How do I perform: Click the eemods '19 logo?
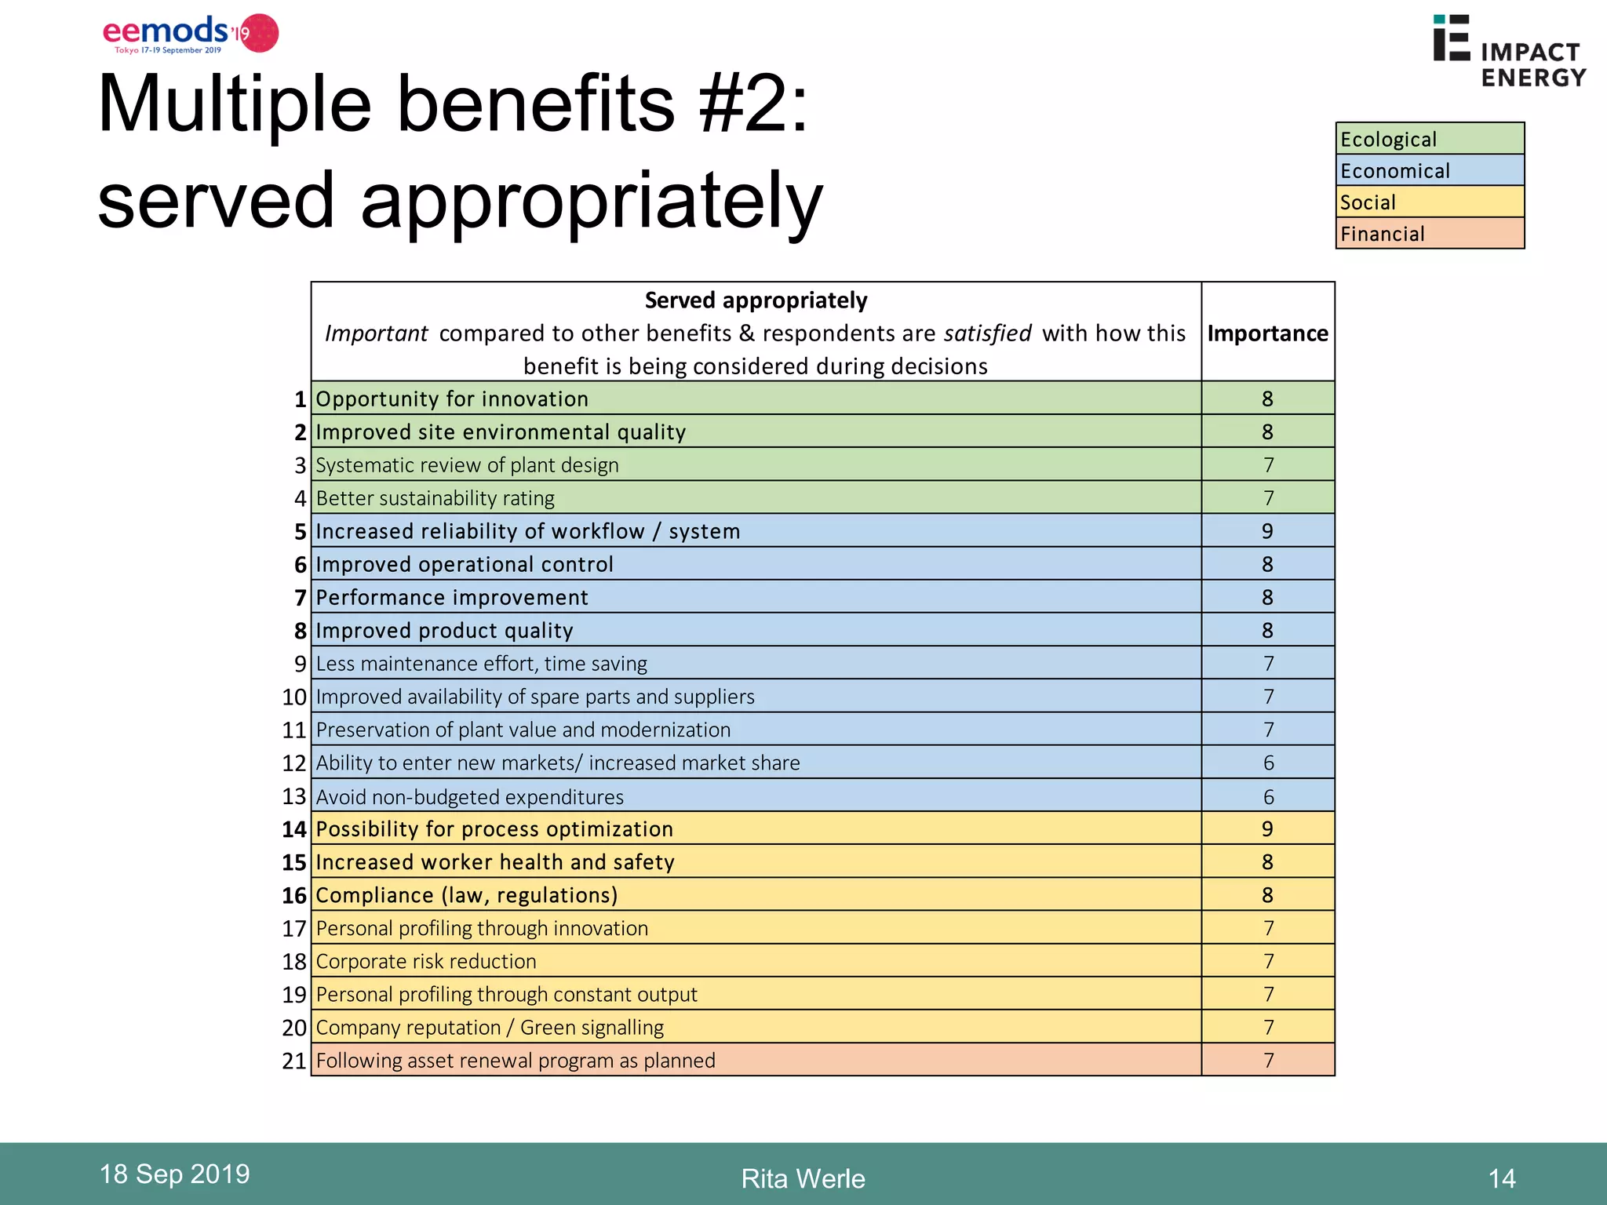pos(190,34)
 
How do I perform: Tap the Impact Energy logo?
pos(1508,52)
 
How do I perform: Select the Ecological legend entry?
pos(1429,139)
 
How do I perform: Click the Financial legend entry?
pos(1429,234)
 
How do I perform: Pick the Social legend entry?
pos(1429,202)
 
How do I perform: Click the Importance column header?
pos(1266,333)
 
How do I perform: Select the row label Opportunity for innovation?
pos(451,399)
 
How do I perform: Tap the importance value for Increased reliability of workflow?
pos(1266,532)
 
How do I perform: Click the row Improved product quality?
pos(444,631)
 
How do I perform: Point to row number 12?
pos(293,763)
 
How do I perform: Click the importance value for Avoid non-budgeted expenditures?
pos(1267,797)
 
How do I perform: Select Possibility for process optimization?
pos(494,829)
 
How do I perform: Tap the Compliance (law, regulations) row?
pos(466,896)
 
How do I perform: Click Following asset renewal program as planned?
pos(516,1061)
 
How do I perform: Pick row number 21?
pos(293,1061)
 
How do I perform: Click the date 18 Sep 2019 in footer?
pos(174,1174)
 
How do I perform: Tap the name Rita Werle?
pos(803,1179)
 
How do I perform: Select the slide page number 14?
pos(1501,1179)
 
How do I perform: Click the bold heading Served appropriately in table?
pos(755,300)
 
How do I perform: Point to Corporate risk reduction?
pos(426,962)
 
